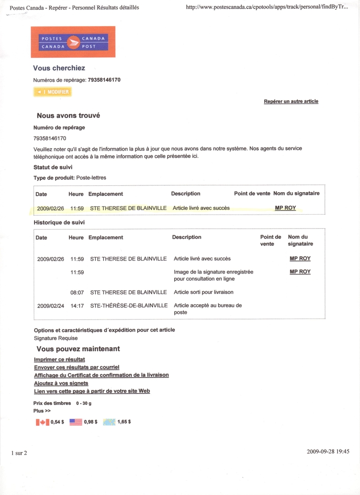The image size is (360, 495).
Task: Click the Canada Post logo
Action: (x=73, y=42)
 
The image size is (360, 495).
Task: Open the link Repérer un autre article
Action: (x=291, y=101)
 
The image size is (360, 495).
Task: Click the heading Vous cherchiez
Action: (x=59, y=68)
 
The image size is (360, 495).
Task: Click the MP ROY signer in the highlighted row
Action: (x=285, y=208)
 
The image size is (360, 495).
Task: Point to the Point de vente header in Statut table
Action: (x=252, y=193)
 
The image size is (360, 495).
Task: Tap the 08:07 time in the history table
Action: (x=77, y=292)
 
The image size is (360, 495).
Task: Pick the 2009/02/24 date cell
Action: (x=50, y=306)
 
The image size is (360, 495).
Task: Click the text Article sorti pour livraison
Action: (x=203, y=292)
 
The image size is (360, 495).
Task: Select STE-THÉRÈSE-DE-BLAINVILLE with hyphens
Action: (x=129, y=306)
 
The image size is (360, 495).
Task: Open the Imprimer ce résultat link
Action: (x=59, y=360)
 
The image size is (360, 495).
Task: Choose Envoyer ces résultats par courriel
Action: (x=76, y=367)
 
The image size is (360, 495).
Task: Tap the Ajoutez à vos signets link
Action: (x=61, y=383)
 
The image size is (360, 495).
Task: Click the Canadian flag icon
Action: (x=42, y=422)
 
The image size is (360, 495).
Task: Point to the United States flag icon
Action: (x=76, y=422)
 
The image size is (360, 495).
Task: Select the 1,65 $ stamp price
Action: (x=124, y=422)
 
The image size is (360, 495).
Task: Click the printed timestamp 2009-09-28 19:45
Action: (x=328, y=451)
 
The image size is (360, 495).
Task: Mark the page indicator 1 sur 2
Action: (x=19, y=453)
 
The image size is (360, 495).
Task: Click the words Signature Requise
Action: (x=56, y=338)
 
